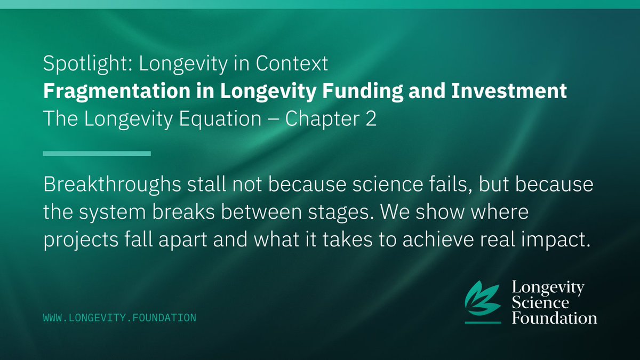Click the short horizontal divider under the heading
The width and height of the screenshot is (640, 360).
97,154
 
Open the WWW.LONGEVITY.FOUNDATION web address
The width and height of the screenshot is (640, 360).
119,318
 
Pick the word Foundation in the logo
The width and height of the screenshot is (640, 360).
554,318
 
